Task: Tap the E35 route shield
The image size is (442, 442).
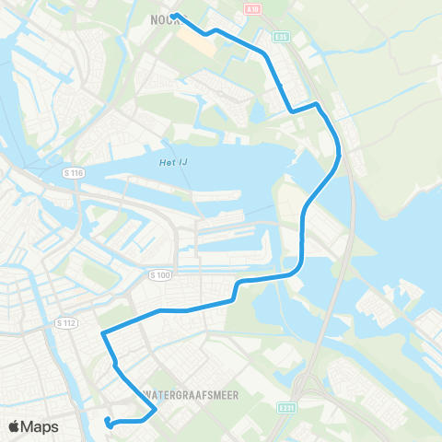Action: tap(281, 36)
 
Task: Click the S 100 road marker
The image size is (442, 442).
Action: tap(159, 274)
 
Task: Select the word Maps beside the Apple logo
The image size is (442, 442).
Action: tap(42, 427)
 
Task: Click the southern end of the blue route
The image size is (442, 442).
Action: tap(109, 421)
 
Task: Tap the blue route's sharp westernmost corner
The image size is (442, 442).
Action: tap(101, 332)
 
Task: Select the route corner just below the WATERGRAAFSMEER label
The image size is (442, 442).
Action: tap(156, 409)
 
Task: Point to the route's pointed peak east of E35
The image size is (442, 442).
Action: tap(318, 104)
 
